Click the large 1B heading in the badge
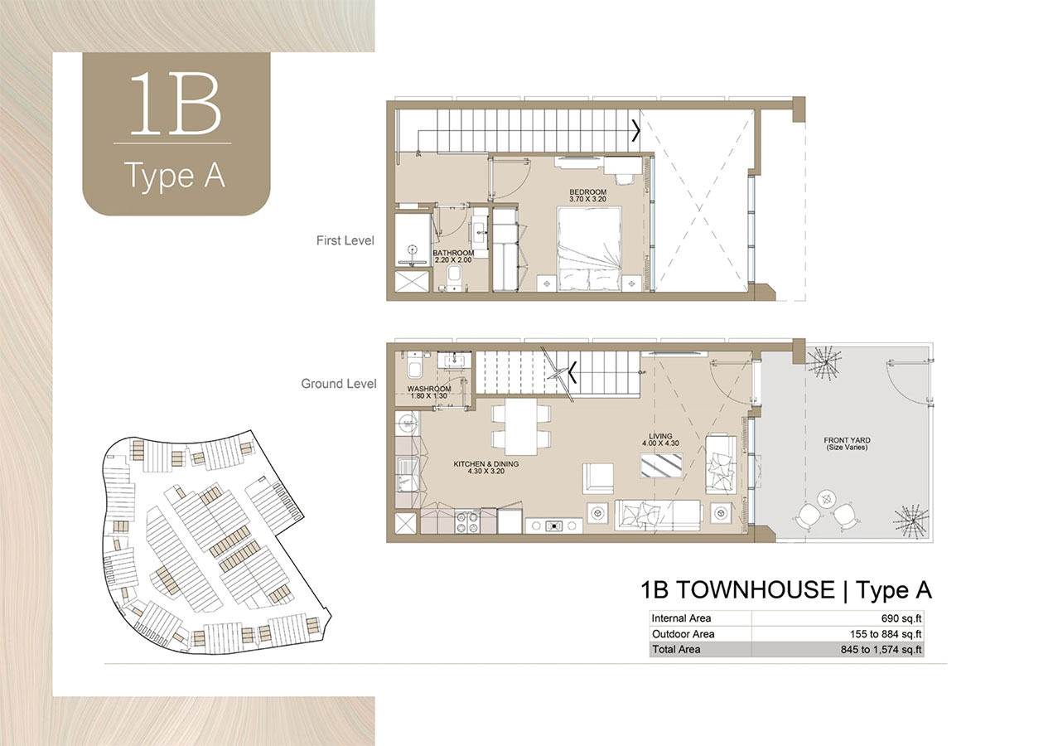(x=175, y=105)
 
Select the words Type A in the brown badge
(x=175, y=176)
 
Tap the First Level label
(x=345, y=241)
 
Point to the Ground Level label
(x=338, y=384)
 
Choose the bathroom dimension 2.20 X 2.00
(x=453, y=260)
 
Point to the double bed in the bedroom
(x=589, y=249)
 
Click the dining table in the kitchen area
(x=521, y=426)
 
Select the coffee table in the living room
(x=664, y=467)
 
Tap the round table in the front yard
(x=825, y=498)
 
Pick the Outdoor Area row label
(x=683, y=634)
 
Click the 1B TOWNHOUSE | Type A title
(x=785, y=590)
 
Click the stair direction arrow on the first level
(x=636, y=130)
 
